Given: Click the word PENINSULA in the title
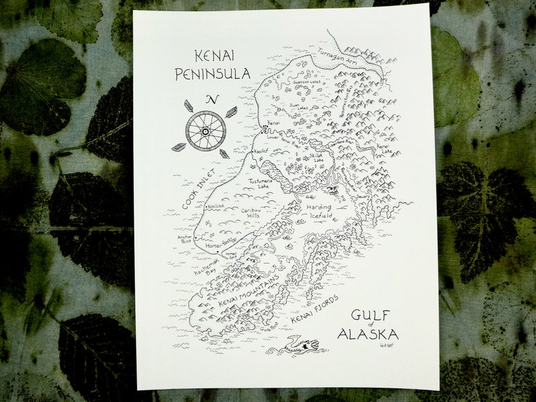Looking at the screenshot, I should coord(213,74).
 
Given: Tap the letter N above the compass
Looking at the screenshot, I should coord(213,100).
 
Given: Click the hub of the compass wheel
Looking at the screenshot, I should coord(205,130).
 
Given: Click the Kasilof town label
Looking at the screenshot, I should coord(261,153).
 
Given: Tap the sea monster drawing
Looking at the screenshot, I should coord(296,345).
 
